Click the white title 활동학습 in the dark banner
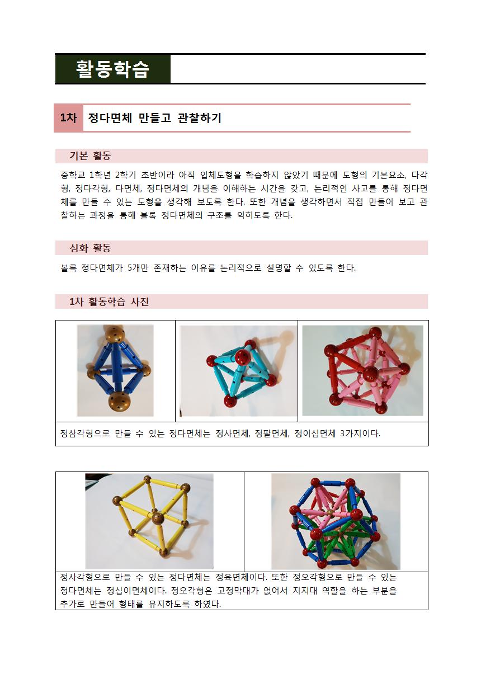click(x=112, y=69)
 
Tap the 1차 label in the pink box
click(x=68, y=118)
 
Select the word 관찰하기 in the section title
click(x=200, y=118)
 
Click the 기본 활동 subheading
click(x=90, y=156)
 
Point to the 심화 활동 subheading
click(x=90, y=248)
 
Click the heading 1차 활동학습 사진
click(x=109, y=301)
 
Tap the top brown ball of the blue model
click(x=115, y=334)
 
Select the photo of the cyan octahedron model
click(x=238, y=371)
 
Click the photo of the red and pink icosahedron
click(x=362, y=370)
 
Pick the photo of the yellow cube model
click(x=149, y=521)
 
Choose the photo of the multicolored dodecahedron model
click(x=336, y=521)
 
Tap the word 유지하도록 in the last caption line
click(x=169, y=604)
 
